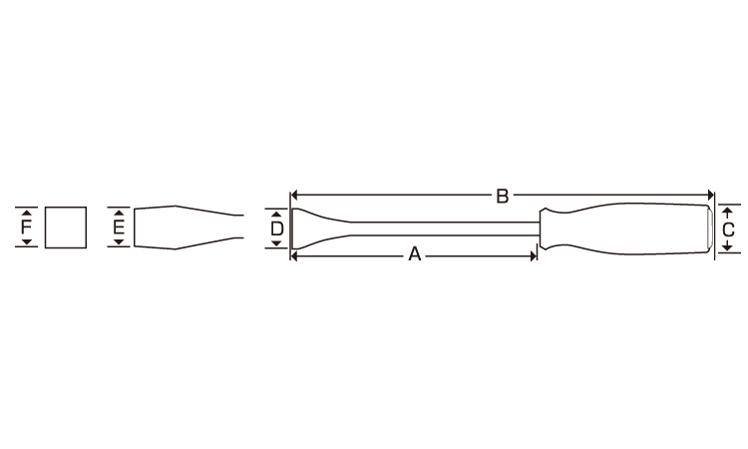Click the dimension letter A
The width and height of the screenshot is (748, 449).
coord(415,254)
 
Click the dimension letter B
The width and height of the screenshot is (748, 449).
coord(502,197)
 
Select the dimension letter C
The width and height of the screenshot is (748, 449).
coord(728,229)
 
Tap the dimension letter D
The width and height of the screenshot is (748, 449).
coord(276,229)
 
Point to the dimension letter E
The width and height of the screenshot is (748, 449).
coord(119,227)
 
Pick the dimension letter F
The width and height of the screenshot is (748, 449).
coord(26,227)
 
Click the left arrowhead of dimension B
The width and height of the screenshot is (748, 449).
coord(294,195)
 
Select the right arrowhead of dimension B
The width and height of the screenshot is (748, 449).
coord(710,195)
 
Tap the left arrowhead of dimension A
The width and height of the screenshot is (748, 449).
coord(294,256)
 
